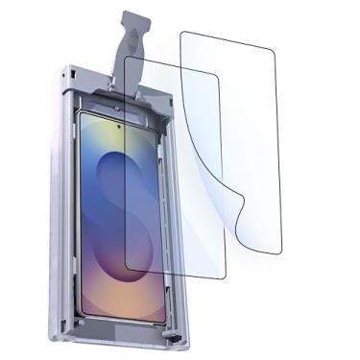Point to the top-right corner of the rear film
point(272,46)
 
